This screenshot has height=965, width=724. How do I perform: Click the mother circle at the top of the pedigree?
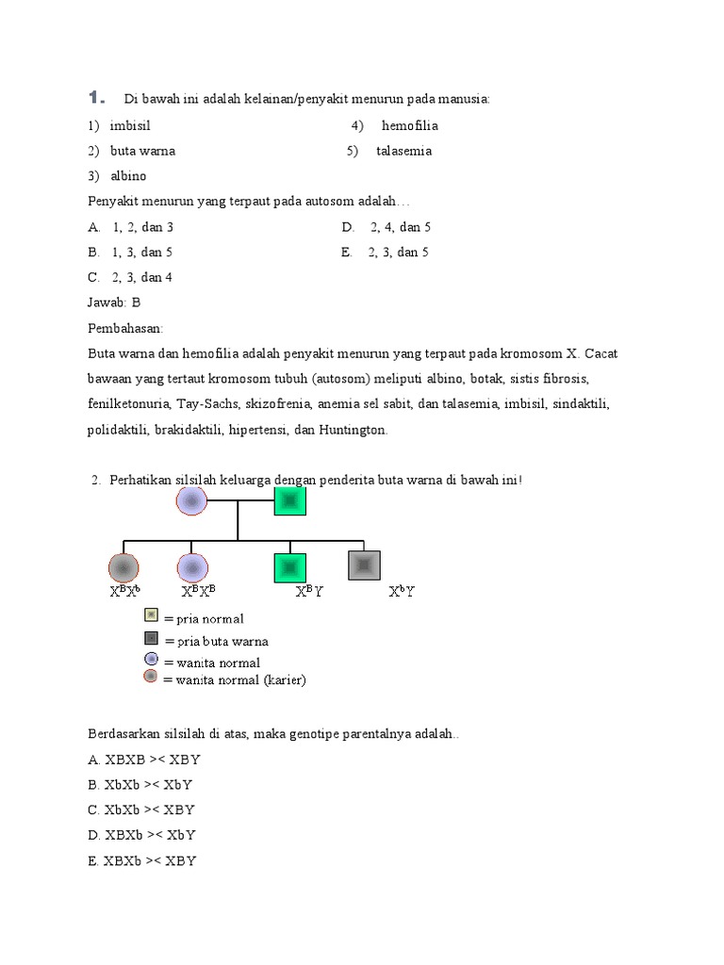tap(191, 500)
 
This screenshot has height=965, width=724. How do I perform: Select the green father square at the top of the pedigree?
tap(290, 500)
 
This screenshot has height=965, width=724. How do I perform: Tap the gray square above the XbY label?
tap(364, 565)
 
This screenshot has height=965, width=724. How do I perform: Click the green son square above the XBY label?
tap(290, 567)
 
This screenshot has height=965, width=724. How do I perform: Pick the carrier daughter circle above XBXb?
tap(123, 567)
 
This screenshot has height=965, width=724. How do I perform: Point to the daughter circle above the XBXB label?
tap(191, 567)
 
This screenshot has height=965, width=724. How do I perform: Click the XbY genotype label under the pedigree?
tap(403, 592)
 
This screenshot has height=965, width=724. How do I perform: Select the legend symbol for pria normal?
tap(151, 615)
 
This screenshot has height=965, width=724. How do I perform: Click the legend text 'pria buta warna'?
tap(216, 642)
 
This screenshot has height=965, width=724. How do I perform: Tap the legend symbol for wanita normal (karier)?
tap(151, 677)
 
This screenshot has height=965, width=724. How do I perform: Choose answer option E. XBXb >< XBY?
tap(142, 860)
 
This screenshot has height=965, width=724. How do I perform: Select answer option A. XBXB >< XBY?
tap(141, 759)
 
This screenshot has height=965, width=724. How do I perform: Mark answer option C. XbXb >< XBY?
tap(141, 810)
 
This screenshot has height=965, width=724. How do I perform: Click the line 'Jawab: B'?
tap(114, 303)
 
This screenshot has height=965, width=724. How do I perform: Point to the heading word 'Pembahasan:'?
tap(125, 328)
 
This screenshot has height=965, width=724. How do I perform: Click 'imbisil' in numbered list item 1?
tap(130, 125)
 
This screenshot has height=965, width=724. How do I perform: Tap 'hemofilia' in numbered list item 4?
tap(410, 125)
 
